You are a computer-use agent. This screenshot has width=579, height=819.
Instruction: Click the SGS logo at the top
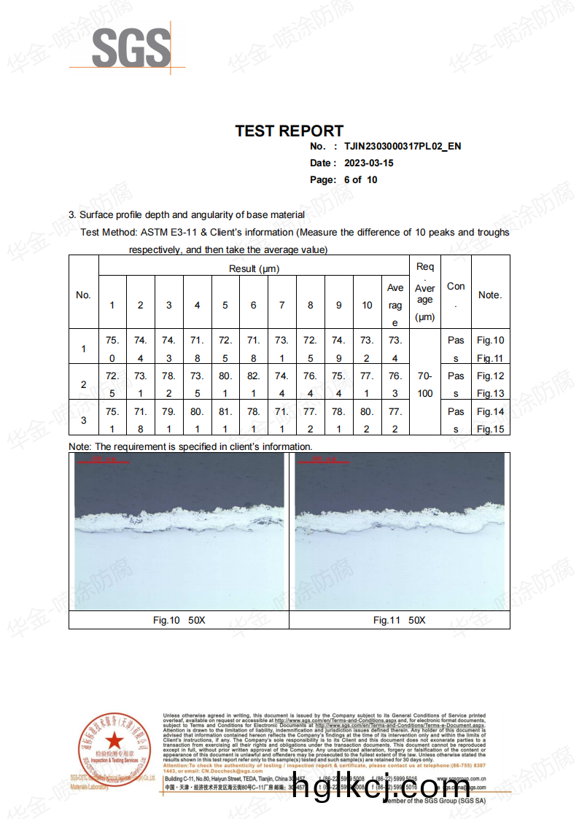pyautogui.click(x=131, y=48)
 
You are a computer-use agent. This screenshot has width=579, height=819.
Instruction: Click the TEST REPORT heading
pyautogui.click(x=289, y=131)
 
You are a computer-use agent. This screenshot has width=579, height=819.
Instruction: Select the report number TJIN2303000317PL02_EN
pyautogui.click(x=403, y=147)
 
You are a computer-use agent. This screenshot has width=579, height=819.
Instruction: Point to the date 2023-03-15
pyautogui.click(x=369, y=163)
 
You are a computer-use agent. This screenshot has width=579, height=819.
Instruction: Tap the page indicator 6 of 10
pyautogui.click(x=360, y=180)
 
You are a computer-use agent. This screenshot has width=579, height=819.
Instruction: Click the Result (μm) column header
pyautogui.click(x=254, y=268)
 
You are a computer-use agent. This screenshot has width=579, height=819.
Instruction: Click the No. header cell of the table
pyautogui.click(x=83, y=295)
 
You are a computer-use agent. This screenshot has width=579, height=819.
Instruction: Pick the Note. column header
pyautogui.click(x=490, y=295)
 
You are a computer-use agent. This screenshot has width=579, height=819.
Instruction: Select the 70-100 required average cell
pyautogui.click(x=425, y=384)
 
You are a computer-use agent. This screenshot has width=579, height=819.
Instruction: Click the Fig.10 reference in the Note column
pyautogui.click(x=490, y=340)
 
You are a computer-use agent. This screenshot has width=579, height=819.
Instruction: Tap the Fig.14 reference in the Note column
pyautogui.click(x=490, y=411)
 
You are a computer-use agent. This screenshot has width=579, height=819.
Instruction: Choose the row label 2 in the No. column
pyautogui.click(x=83, y=384)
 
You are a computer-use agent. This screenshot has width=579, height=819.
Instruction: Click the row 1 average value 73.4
pyautogui.click(x=395, y=349)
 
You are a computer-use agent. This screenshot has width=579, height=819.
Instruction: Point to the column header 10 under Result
pyautogui.click(x=367, y=305)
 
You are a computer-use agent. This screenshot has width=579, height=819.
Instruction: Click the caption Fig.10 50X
pyautogui.click(x=179, y=620)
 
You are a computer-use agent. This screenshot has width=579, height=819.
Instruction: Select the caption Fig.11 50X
pyautogui.click(x=399, y=620)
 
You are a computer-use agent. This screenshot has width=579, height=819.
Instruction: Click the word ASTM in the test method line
pyautogui.click(x=154, y=233)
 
